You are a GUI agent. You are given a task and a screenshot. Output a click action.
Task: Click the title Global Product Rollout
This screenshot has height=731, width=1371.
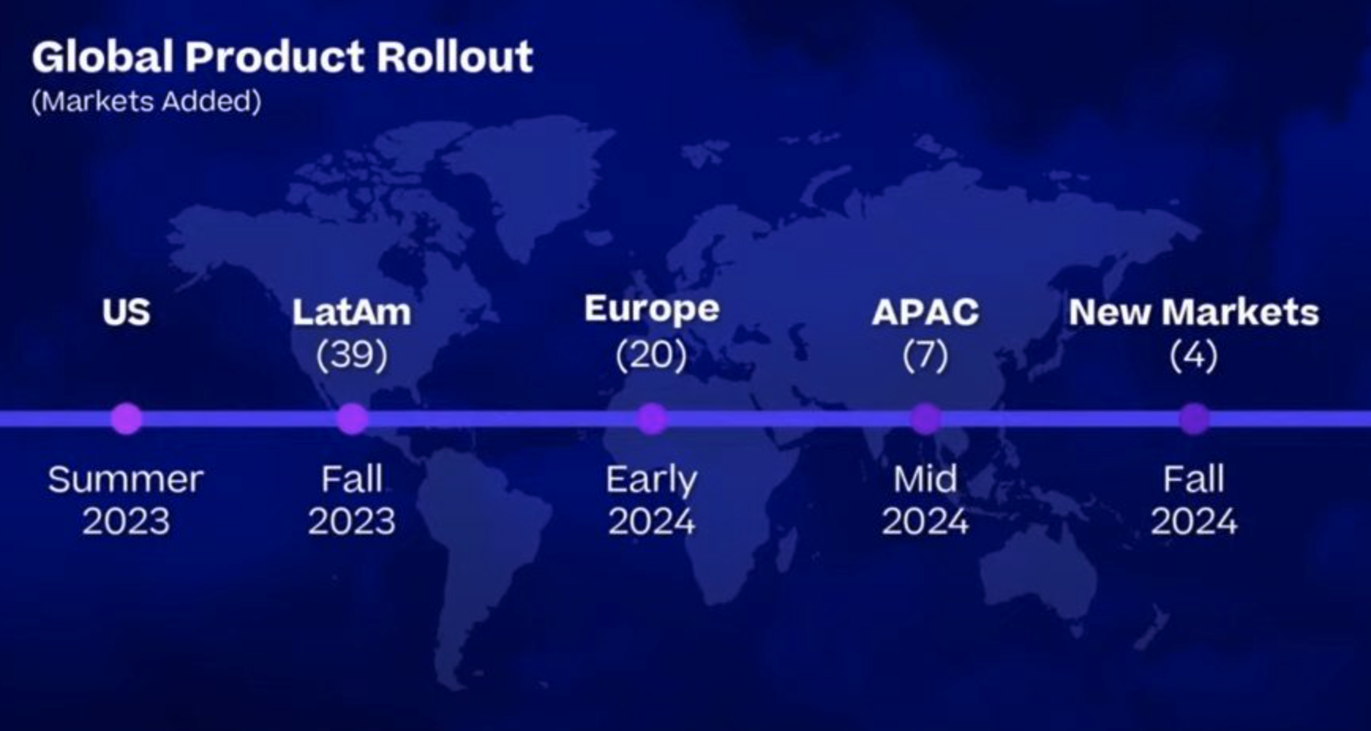click(282, 57)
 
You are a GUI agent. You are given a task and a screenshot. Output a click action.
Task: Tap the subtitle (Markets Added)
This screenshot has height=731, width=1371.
click(146, 101)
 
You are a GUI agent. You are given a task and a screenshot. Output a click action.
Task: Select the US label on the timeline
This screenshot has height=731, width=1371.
click(126, 313)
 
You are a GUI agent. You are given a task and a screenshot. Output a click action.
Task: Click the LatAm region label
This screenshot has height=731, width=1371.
click(351, 313)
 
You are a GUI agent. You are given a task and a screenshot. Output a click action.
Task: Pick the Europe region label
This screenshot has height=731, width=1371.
click(652, 309)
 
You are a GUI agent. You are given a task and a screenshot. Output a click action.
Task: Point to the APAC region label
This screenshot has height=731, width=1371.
click(926, 313)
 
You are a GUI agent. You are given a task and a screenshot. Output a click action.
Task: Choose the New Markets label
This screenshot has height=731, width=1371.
click(1194, 313)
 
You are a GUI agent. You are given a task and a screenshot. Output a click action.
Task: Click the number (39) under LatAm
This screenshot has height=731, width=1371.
click(351, 354)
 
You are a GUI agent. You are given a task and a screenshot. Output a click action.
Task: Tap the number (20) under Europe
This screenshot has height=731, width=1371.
click(652, 354)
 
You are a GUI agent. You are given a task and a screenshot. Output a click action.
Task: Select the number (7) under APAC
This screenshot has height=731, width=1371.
click(926, 354)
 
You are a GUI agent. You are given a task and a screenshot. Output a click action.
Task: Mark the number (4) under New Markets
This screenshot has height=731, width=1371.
click(1194, 354)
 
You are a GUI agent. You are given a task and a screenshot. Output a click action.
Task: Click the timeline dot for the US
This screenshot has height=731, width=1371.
click(126, 418)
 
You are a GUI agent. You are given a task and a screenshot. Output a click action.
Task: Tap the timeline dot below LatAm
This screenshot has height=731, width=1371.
click(352, 418)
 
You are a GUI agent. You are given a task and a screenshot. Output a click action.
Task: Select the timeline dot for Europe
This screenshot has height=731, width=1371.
click(652, 418)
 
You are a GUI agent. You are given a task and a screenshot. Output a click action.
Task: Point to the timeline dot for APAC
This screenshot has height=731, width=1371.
click(926, 418)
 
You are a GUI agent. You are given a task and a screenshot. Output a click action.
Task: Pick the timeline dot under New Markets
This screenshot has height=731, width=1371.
click(1194, 418)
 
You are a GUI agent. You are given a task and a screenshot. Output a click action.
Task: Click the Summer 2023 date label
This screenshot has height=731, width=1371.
click(126, 500)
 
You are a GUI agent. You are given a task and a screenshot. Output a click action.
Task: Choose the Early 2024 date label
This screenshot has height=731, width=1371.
click(652, 500)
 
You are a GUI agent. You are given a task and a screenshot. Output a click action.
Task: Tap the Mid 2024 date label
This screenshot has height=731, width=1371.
click(926, 500)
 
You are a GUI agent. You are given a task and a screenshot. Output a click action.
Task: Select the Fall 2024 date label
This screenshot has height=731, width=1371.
click(1194, 500)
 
